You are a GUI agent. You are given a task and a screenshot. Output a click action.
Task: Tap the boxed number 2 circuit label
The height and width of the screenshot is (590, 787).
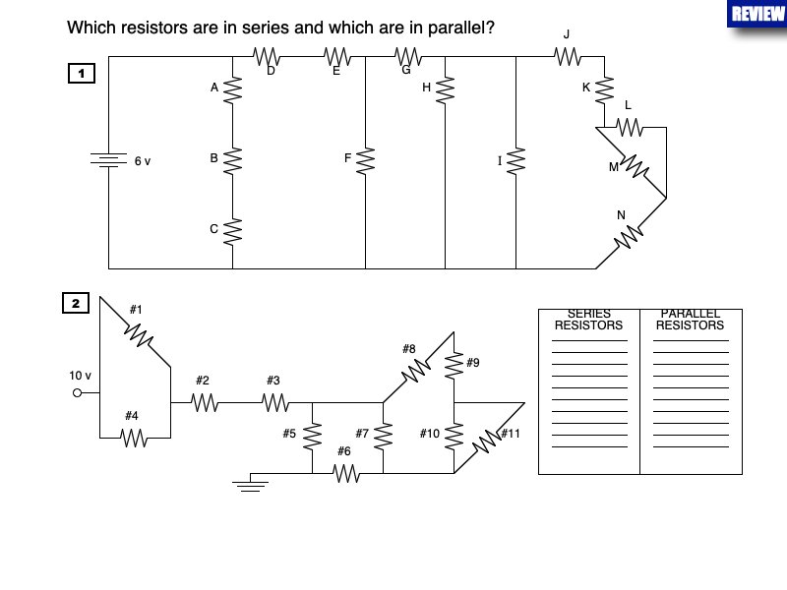(76, 303)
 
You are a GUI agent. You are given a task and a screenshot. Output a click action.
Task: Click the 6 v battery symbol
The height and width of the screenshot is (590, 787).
(108, 161)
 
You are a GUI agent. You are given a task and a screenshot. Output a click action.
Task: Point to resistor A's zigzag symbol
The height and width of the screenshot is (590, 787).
(233, 90)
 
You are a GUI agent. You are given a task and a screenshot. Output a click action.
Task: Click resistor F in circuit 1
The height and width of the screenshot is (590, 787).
(366, 160)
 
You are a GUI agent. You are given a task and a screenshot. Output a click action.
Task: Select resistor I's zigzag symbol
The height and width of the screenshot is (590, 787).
(515, 160)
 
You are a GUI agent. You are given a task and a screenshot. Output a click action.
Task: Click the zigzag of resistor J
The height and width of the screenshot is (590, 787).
(568, 57)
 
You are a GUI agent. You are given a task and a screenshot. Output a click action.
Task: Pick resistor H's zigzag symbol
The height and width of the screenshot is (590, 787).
(445, 89)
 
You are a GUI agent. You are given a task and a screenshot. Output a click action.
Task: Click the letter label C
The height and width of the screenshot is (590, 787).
(213, 229)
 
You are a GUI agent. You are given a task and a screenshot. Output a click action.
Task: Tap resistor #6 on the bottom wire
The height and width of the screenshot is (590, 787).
(345, 473)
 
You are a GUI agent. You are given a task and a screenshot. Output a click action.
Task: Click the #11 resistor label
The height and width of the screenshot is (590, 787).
(510, 434)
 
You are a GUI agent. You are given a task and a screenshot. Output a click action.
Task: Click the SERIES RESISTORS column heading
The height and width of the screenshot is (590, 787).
(588, 320)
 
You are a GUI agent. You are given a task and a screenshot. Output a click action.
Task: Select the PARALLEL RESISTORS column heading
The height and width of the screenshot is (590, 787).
(691, 320)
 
